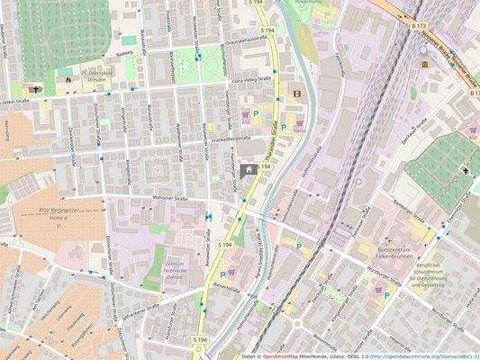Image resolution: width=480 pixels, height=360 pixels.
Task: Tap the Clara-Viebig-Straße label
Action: pyautogui.click(x=252, y=81)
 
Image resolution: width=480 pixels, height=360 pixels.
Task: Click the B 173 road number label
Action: pyautogui.click(x=417, y=28)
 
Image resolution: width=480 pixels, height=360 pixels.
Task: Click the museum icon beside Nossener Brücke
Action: pyautogui.click(x=424, y=68)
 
